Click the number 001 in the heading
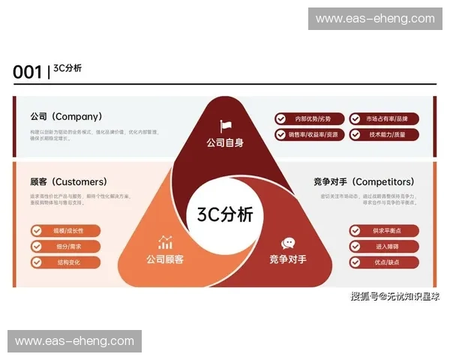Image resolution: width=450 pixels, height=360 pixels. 27,72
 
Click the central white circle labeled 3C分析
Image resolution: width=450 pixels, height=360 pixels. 225,214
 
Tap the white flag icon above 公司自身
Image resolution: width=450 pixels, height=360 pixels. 225,126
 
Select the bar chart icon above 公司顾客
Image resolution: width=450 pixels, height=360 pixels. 165,242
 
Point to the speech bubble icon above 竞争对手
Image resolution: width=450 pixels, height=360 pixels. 288,243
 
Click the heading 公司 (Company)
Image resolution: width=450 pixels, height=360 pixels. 66,117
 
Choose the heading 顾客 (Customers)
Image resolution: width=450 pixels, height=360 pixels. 68,181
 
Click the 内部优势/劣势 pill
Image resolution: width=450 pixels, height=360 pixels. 309,118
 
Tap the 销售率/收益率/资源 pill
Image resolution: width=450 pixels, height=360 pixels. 309,135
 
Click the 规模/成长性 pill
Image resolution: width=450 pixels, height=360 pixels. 65,230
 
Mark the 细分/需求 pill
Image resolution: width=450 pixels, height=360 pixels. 65,246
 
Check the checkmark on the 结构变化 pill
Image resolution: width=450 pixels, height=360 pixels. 37,262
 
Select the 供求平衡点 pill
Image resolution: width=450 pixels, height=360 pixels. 383,230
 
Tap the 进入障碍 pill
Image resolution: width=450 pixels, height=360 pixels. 383,246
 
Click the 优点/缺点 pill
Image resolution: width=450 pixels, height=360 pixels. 383,262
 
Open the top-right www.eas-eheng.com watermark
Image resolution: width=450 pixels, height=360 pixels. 374,19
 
